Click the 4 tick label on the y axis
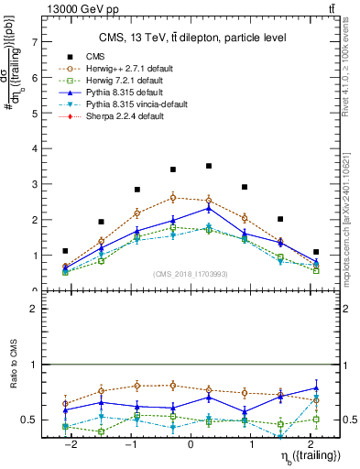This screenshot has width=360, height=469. [x=34, y=148]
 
